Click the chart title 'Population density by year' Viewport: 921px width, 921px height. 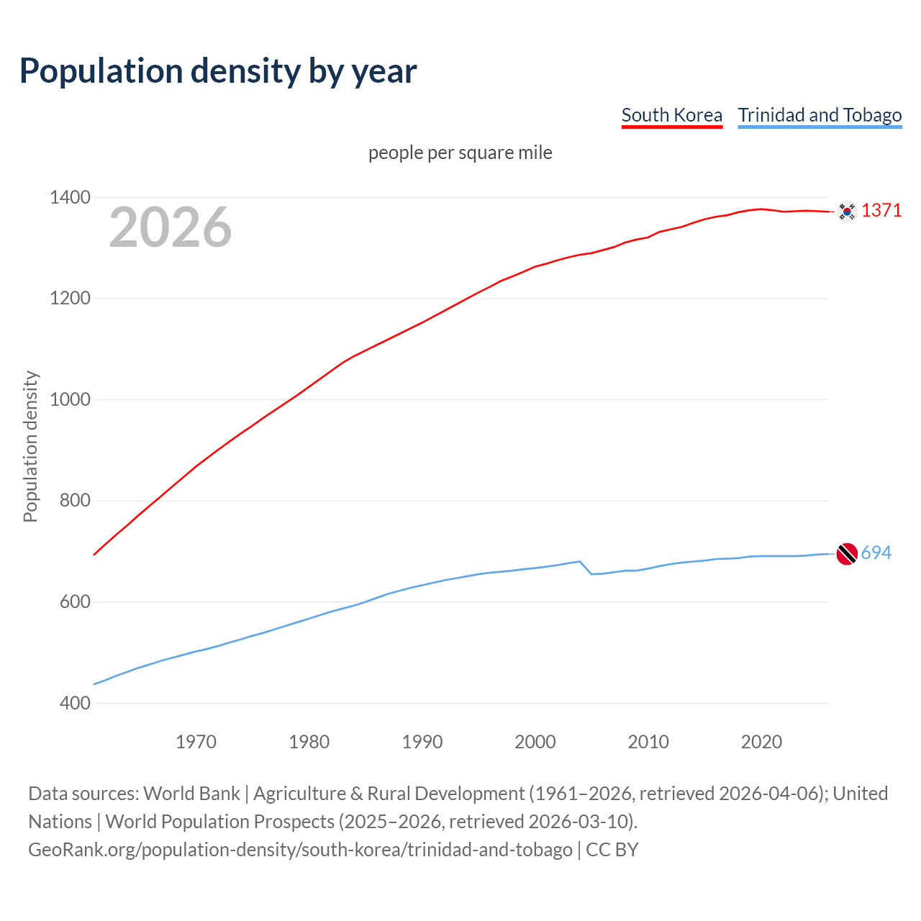pyautogui.click(x=218, y=71)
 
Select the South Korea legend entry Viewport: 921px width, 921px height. pyautogui.click(x=671, y=115)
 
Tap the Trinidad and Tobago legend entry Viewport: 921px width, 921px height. pyautogui.click(x=820, y=115)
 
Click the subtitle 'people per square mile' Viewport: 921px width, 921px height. pyautogui.click(x=460, y=153)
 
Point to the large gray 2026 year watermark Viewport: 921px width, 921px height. pyautogui.click(x=171, y=227)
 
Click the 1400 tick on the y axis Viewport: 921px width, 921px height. pyautogui.click(x=70, y=197)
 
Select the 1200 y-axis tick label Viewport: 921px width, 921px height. pyautogui.click(x=70, y=298)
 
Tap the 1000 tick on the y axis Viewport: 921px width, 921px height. pyautogui.click(x=70, y=399)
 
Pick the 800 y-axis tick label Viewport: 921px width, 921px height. pyautogui.click(x=75, y=500)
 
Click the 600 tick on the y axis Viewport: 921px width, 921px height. pyautogui.click(x=75, y=602)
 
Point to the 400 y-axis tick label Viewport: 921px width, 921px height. pyautogui.click(x=75, y=703)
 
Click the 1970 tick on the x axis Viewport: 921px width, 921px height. pyautogui.click(x=196, y=741)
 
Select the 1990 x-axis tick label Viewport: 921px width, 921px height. pyautogui.click(x=422, y=741)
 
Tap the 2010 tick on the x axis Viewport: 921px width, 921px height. pyautogui.click(x=648, y=741)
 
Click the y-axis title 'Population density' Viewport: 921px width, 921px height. pyautogui.click(x=30, y=446)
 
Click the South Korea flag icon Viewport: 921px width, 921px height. pyautogui.click(x=847, y=211)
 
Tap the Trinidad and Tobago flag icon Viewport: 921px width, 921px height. pyautogui.click(x=847, y=554)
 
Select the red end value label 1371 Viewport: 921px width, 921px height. pyautogui.click(x=881, y=210)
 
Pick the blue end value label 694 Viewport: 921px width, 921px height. pyautogui.click(x=876, y=553)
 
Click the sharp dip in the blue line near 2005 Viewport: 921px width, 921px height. pyautogui.click(x=591, y=573)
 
